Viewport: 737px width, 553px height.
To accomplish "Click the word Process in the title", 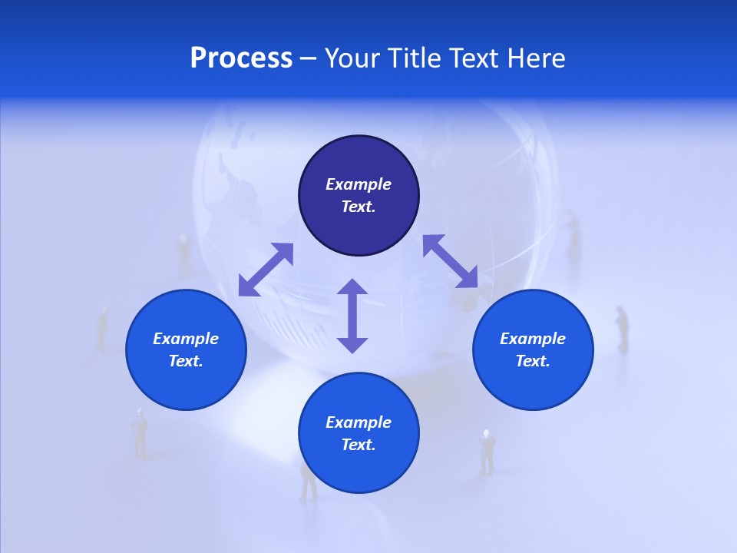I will click(x=241, y=58).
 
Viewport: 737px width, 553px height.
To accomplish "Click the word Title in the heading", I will click(x=413, y=58).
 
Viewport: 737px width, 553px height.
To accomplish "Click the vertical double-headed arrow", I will click(x=352, y=316).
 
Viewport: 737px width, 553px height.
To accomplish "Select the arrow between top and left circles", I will click(x=266, y=269).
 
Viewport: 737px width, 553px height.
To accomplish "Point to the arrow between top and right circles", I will click(x=450, y=261).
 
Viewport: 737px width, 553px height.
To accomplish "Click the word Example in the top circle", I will click(x=359, y=184).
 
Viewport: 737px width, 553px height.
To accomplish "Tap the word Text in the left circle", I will click(x=186, y=361).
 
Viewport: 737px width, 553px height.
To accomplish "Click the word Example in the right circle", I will click(x=533, y=339).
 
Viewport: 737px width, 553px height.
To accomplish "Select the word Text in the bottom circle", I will click(x=359, y=445).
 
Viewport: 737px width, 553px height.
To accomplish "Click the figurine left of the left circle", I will click(x=102, y=329).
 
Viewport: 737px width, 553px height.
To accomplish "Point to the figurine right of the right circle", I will click(x=622, y=329).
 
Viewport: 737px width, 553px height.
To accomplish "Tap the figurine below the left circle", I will click(x=140, y=434).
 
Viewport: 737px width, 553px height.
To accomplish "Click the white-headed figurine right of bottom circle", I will click(x=487, y=452).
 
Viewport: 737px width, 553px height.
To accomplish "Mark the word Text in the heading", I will click(x=472, y=58).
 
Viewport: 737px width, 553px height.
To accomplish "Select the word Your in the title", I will click(x=351, y=58).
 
